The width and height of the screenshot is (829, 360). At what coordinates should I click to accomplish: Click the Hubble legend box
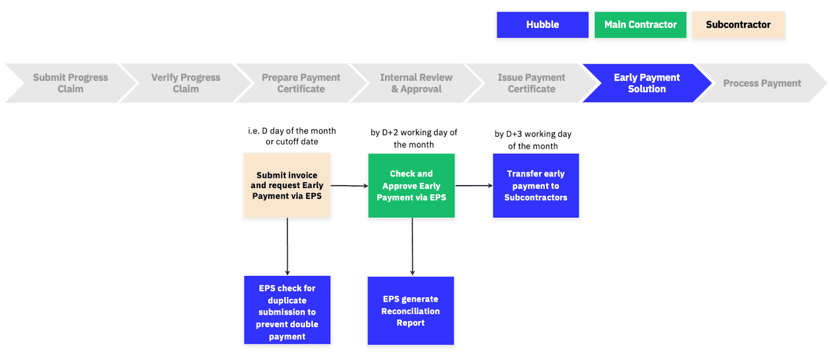click(x=542, y=25)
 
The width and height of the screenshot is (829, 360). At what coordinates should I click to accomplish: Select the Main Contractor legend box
click(x=640, y=25)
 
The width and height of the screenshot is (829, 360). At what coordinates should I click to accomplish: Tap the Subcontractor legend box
click(x=738, y=25)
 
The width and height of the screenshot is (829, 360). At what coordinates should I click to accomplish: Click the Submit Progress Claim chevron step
click(x=70, y=83)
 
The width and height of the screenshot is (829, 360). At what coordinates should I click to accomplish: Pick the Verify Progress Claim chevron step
click(x=185, y=83)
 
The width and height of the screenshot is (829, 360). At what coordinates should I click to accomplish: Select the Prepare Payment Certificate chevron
click(x=301, y=83)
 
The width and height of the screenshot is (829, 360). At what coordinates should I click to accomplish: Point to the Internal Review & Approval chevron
click(x=416, y=83)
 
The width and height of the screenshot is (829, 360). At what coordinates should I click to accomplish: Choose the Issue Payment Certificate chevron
click(x=531, y=83)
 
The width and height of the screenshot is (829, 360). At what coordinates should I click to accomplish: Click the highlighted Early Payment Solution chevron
click(x=647, y=83)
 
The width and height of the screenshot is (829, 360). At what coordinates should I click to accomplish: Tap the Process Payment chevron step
click(x=762, y=83)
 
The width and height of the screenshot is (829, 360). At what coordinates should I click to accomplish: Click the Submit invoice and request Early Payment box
click(x=287, y=185)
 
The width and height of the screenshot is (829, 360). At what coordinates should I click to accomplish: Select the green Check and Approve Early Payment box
click(x=411, y=185)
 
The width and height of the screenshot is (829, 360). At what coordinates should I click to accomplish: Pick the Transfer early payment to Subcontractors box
click(x=536, y=185)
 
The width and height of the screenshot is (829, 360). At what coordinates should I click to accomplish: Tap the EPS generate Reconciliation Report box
click(x=410, y=310)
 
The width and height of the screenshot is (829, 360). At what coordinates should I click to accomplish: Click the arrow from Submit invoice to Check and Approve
click(x=349, y=185)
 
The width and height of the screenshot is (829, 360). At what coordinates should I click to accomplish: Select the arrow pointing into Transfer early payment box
click(x=474, y=185)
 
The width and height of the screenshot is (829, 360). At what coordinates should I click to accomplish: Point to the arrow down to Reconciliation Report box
click(x=412, y=246)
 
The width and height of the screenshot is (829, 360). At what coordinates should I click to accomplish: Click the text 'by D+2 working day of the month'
click(x=413, y=138)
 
